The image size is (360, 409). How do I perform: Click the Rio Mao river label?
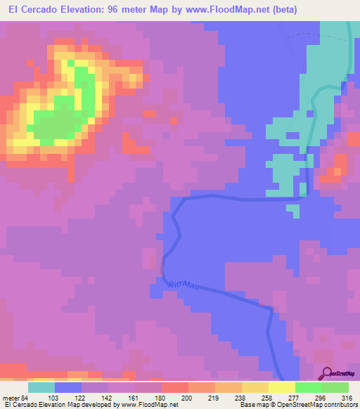185,285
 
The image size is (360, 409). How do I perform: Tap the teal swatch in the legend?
41,387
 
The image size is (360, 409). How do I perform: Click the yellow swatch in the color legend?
281,387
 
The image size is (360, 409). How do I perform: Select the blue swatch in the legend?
68,387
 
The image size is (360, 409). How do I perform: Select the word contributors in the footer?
340,405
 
